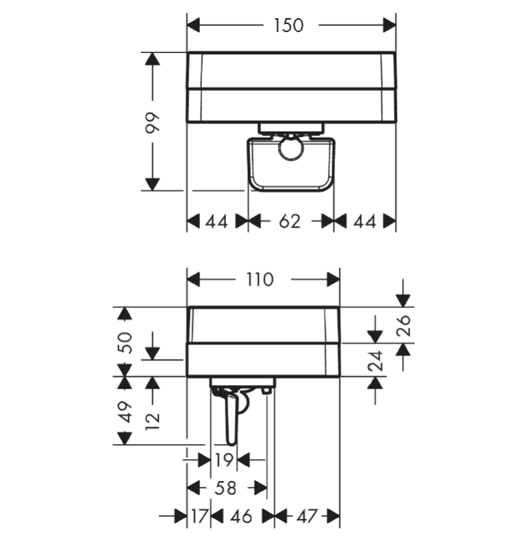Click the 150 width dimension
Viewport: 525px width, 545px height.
tap(289, 25)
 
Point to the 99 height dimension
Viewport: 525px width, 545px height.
tap(153, 122)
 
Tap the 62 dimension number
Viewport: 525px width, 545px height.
tap(289, 222)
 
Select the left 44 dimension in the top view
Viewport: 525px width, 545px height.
tap(217, 222)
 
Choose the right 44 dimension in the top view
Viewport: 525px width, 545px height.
tap(364, 222)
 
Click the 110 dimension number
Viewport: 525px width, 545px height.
tap(260, 280)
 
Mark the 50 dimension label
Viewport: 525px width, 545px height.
tap(125, 343)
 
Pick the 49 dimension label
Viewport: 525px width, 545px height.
tap(125, 412)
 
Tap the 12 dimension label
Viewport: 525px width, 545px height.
tap(153, 421)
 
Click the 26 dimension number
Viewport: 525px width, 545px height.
tap(404, 326)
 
